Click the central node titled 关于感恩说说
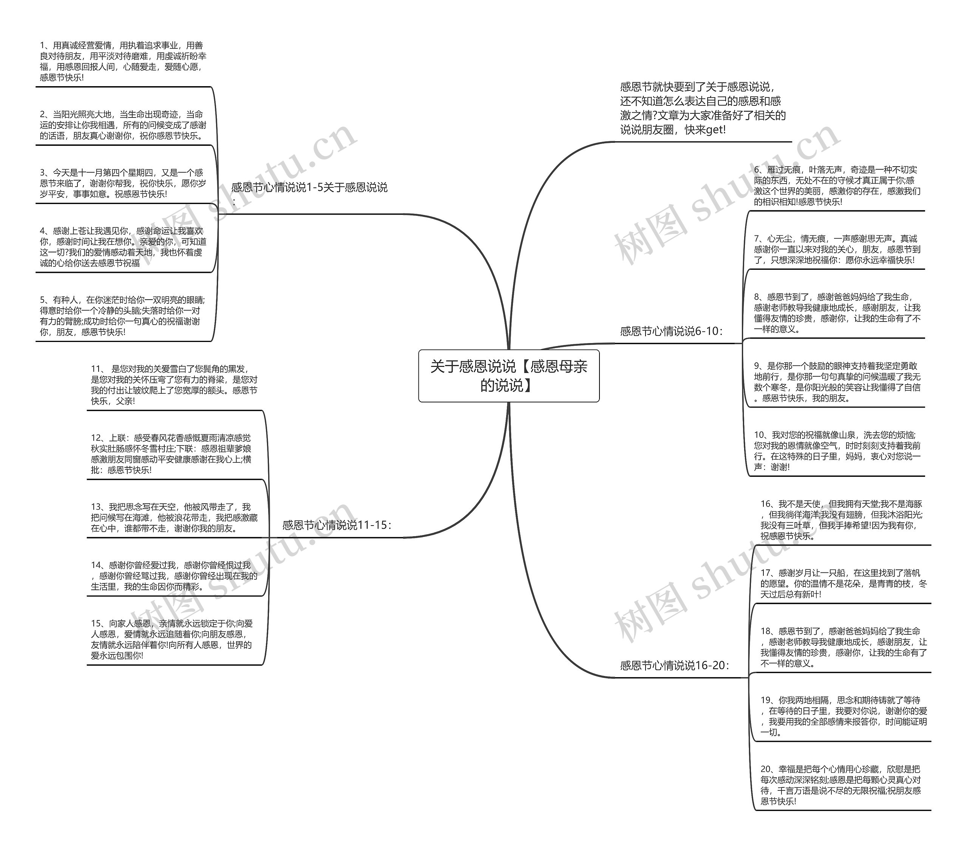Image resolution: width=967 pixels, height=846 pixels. click(x=508, y=376)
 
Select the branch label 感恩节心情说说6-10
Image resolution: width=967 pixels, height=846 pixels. click(x=671, y=331)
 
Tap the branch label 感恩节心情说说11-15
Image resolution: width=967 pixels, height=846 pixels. click(x=337, y=525)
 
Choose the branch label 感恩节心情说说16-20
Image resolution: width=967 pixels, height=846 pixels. click(x=674, y=666)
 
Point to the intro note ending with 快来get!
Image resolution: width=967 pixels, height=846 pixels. click(x=703, y=108)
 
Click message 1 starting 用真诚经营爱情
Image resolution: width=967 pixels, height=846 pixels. click(x=123, y=61)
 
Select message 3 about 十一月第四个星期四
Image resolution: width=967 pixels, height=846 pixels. click(x=123, y=183)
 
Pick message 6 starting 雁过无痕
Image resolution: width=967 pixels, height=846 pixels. click(x=836, y=186)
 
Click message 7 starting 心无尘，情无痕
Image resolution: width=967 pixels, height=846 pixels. click(x=837, y=249)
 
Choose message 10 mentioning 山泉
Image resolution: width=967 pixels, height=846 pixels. click(x=837, y=451)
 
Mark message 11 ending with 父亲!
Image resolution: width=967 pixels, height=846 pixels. click(x=174, y=385)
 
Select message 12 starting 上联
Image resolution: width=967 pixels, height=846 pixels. click(x=171, y=454)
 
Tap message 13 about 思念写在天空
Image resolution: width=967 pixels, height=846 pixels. click(x=174, y=517)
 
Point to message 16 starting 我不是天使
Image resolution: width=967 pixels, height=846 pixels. click(x=840, y=520)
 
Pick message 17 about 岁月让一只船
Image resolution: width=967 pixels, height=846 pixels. click(x=843, y=583)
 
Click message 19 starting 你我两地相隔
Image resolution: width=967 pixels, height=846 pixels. click(x=843, y=716)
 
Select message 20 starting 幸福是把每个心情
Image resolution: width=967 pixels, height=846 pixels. click(x=840, y=785)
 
